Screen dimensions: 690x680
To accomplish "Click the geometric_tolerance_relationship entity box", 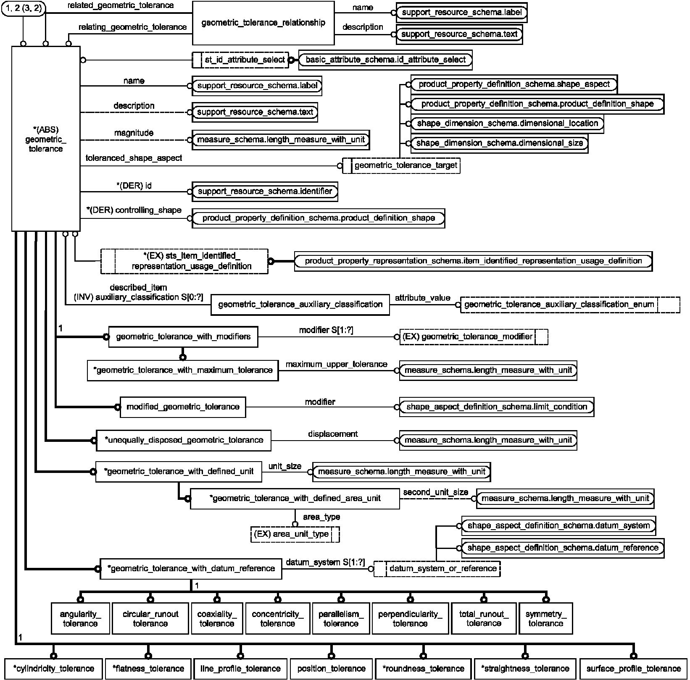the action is (x=263, y=23).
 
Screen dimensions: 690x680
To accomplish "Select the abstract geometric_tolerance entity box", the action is (x=46, y=139).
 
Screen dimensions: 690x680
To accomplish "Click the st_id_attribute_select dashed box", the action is (x=240, y=60).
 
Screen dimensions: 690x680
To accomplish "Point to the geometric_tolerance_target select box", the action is (x=401, y=165).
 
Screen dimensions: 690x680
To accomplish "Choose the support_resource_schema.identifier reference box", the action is (x=265, y=192).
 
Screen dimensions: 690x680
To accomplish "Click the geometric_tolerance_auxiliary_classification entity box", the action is (x=300, y=305).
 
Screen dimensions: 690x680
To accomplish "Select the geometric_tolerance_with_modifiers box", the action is (x=183, y=337).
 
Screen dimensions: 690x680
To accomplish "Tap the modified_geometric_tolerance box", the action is (x=183, y=407).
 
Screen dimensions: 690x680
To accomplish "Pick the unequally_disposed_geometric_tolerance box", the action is (x=184, y=440).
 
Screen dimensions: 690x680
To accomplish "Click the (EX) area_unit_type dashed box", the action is (x=295, y=534).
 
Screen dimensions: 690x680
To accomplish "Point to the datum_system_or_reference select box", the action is (x=437, y=569).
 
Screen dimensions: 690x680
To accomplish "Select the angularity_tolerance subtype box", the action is (x=80, y=618).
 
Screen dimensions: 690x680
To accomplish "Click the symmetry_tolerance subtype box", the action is (x=546, y=618).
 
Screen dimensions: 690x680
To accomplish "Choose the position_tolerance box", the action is (x=332, y=669).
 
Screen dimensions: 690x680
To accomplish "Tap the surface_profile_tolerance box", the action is (x=633, y=669).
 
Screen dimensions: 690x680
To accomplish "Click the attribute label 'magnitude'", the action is (x=134, y=133).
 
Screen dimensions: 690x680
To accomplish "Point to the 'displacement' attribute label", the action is (x=333, y=434).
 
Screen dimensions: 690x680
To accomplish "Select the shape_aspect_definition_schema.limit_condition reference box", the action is (x=497, y=407).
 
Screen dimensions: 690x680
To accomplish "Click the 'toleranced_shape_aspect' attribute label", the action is (x=134, y=158).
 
